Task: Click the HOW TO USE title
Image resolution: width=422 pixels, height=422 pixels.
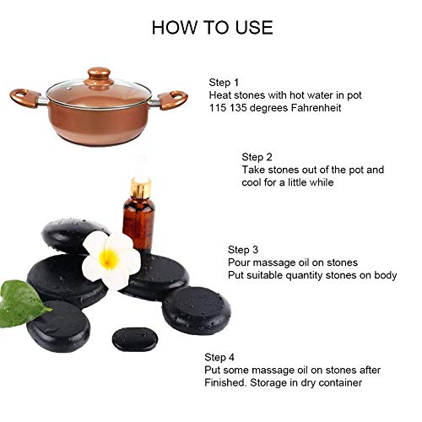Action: (213, 28)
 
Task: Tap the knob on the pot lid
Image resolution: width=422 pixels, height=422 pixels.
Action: (99, 75)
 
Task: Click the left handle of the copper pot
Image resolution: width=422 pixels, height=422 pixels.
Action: (24, 98)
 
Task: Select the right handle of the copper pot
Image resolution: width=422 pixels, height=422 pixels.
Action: (172, 100)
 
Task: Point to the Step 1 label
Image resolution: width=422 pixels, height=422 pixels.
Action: (224, 83)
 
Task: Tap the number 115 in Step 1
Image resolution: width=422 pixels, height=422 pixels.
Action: (218, 108)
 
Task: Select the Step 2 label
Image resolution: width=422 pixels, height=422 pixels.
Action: (257, 157)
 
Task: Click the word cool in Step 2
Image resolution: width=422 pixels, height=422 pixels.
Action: (252, 182)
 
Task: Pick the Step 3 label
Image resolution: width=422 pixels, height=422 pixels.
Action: (243, 250)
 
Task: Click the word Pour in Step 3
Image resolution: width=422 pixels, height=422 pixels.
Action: (238, 262)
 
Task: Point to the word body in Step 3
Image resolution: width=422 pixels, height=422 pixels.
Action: (386, 275)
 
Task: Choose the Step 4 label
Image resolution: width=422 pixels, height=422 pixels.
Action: (219, 357)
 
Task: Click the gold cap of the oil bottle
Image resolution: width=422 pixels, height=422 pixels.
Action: (141, 187)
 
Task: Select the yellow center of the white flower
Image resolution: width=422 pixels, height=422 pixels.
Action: (109, 259)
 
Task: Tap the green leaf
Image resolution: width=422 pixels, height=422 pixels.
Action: (21, 304)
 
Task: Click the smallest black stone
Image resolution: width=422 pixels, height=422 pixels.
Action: (135, 339)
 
